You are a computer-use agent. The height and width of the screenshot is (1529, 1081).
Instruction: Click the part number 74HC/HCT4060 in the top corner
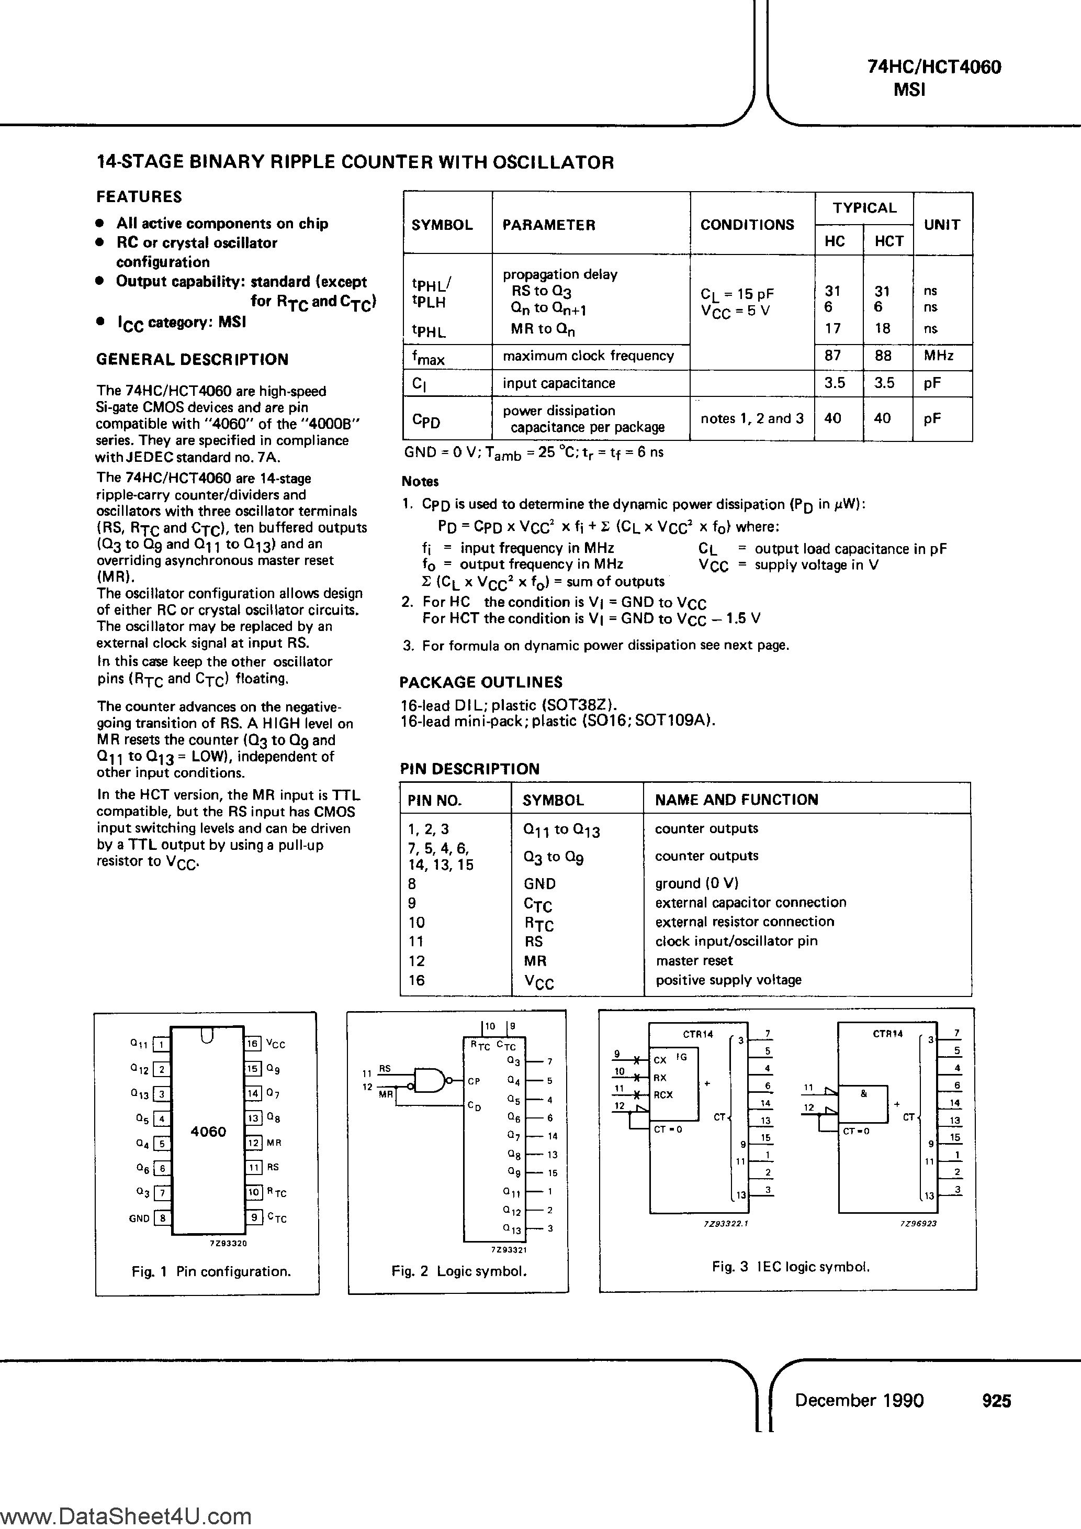(934, 67)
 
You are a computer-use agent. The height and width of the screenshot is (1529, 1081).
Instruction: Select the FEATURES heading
(139, 196)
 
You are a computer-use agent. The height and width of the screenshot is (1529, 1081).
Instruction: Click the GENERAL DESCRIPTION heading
(193, 360)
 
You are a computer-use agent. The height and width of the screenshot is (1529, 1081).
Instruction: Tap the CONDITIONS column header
(747, 225)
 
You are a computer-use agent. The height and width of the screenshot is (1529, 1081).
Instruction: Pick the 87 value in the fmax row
(832, 356)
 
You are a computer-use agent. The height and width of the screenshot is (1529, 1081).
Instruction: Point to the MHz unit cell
(939, 356)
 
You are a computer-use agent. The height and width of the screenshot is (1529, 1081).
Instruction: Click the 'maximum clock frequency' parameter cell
(589, 356)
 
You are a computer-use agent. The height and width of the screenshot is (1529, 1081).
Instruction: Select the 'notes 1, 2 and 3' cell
(751, 418)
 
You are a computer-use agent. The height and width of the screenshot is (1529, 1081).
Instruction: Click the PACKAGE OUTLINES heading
(481, 682)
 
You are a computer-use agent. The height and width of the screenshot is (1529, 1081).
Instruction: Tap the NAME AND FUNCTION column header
(736, 800)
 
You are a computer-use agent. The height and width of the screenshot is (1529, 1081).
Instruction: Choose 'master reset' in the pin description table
(694, 960)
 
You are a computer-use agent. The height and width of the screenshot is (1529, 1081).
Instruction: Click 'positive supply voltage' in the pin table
(728, 980)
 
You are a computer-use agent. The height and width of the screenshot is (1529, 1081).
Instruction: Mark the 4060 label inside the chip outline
(208, 1132)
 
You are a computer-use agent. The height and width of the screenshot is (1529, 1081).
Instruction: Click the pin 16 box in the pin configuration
(253, 1044)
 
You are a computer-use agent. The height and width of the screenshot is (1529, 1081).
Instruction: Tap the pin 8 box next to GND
(162, 1218)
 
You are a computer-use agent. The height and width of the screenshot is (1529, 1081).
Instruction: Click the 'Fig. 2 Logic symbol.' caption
(459, 1271)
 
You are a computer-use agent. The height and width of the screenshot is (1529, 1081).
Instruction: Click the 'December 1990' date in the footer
(859, 1401)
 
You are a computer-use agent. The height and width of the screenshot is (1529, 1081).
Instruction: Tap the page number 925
(996, 1401)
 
